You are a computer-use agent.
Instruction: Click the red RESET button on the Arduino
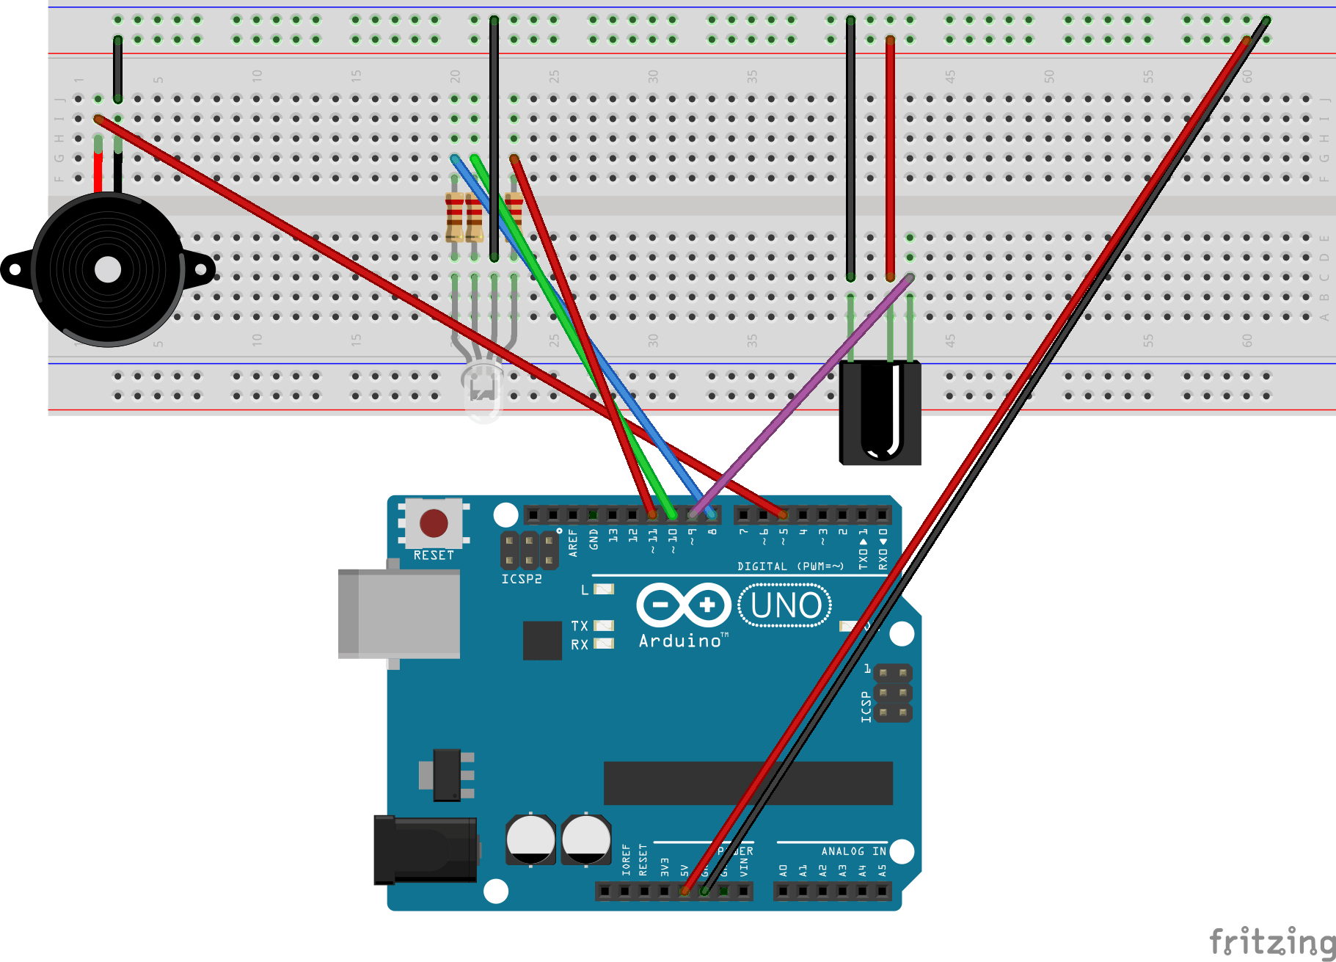click(x=434, y=523)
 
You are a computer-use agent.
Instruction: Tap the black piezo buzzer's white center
click(x=108, y=269)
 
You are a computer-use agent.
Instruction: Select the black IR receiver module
click(x=880, y=412)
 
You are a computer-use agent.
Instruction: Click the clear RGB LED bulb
click(x=482, y=389)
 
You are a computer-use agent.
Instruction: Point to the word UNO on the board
click(x=786, y=605)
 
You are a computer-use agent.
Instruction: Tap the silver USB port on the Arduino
click(x=399, y=613)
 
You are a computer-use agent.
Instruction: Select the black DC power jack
click(x=425, y=850)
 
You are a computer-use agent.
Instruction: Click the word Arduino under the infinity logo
click(x=680, y=641)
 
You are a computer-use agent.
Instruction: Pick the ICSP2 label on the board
click(x=522, y=579)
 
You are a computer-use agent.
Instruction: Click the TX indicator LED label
click(x=580, y=626)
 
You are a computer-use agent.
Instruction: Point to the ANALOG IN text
click(x=853, y=851)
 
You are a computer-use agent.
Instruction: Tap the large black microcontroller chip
click(x=748, y=783)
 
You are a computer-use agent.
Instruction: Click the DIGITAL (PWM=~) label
click(x=790, y=566)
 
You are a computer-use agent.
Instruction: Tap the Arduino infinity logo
click(x=684, y=605)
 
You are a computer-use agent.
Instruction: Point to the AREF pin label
click(x=573, y=542)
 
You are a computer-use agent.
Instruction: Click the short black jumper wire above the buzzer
click(x=117, y=69)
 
